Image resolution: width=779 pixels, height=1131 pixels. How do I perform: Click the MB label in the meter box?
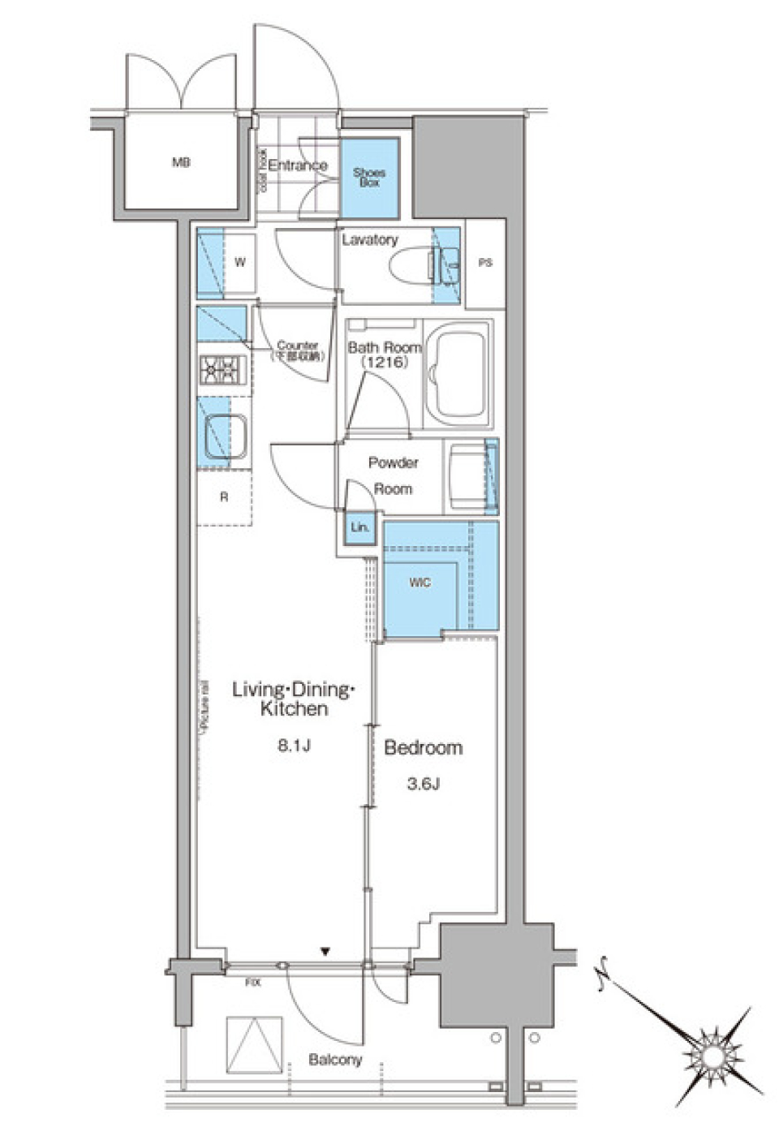(x=180, y=163)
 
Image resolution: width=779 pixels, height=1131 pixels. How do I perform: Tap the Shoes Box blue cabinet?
(x=369, y=178)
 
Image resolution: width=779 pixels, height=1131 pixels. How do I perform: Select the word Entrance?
(x=298, y=166)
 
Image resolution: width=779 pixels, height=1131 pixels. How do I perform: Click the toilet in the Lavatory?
(x=411, y=264)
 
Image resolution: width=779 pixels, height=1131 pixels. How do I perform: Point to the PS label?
(x=485, y=263)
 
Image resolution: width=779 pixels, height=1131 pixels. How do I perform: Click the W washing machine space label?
(x=239, y=262)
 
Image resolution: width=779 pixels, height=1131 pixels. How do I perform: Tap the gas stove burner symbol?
(x=222, y=371)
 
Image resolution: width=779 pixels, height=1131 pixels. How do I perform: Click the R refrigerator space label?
(x=224, y=497)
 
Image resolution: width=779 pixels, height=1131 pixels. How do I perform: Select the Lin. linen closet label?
(x=359, y=527)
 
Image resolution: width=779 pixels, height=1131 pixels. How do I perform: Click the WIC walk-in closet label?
(x=420, y=583)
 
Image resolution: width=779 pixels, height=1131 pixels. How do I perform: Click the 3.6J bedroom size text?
(x=423, y=784)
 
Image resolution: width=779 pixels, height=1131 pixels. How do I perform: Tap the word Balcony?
(x=335, y=1060)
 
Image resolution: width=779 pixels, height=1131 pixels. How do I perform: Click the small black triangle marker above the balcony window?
(x=326, y=952)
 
